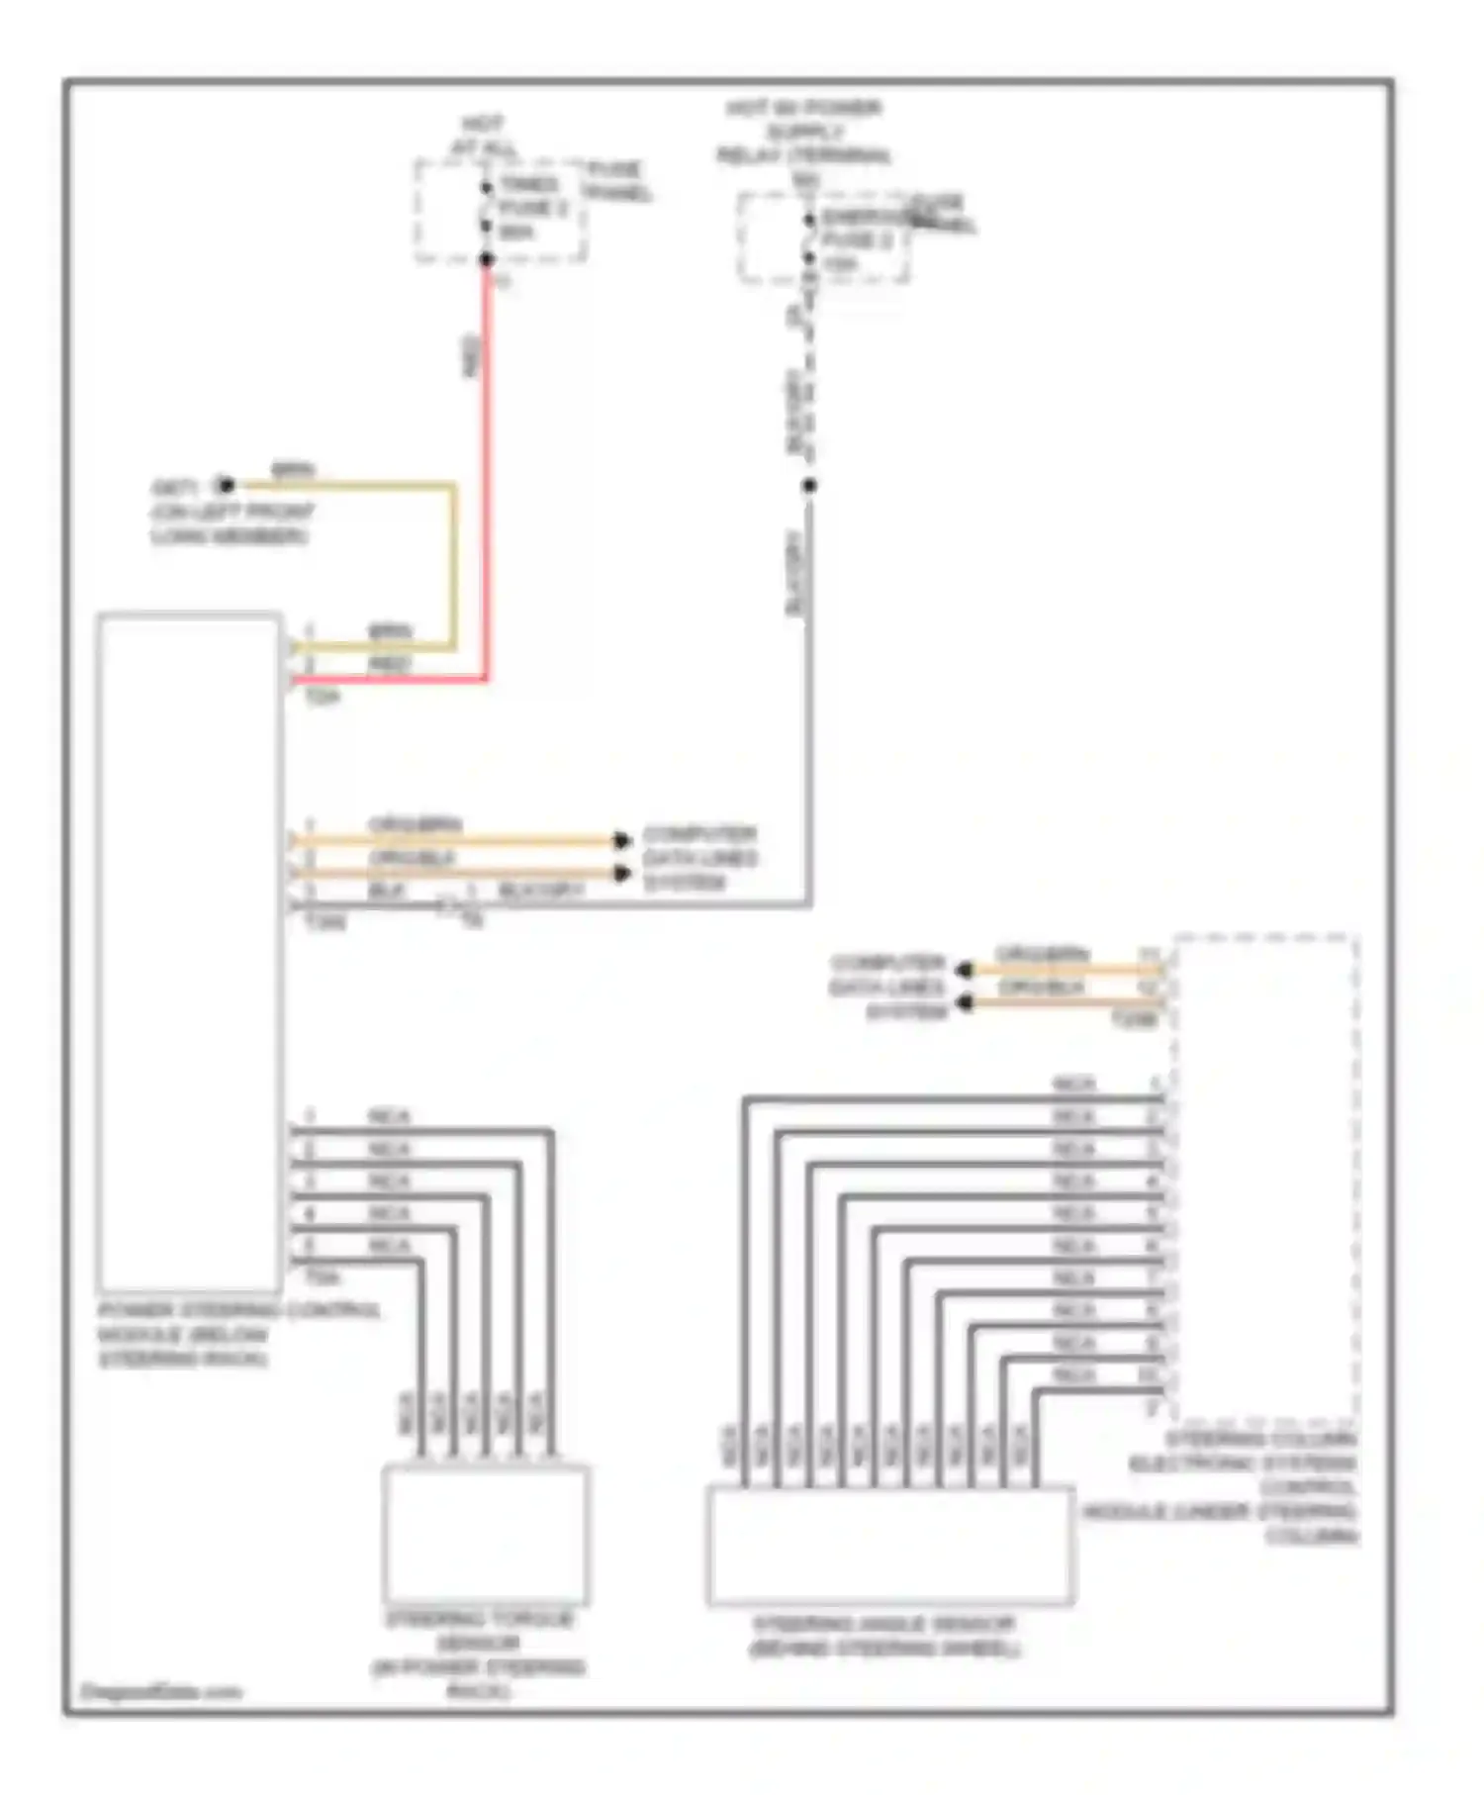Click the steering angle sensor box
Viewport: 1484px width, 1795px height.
coord(890,1545)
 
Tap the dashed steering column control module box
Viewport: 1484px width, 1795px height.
coord(1264,1178)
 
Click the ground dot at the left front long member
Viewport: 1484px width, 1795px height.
coord(227,485)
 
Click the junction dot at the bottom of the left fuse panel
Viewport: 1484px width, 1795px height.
coord(487,259)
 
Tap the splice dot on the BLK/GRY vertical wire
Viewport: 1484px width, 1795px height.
coord(809,485)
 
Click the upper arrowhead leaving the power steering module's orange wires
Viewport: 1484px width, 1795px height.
coord(621,840)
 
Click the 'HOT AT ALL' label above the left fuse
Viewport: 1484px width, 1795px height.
coord(484,137)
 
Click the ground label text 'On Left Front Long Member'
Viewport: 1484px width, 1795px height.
coord(232,523)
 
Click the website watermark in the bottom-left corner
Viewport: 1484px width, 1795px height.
coord(160,1692)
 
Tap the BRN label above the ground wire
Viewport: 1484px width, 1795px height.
coord(294,469)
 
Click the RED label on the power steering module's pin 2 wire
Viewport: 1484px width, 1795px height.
coord(389,665)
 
